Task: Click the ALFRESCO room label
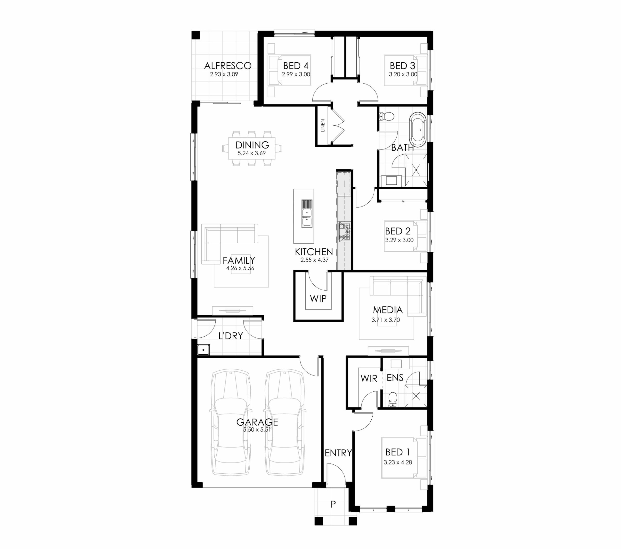tap(228, 66)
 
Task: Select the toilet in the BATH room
tap(387, 116)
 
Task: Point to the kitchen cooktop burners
tap(344, 232)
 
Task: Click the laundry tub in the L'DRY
tap(203, 350)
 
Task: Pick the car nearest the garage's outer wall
tap(231, 422)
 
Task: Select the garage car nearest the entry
tap(285, 422)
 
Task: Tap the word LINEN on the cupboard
tap(323, 125)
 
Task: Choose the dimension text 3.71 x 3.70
tap(385, 320)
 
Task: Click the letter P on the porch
tap(333, 504)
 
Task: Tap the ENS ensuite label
tap(395, 377)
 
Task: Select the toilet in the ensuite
tap(393, 399)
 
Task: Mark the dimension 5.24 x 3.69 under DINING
tap(252, 153)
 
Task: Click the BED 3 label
tap(402, 66)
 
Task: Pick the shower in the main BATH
tap(416, 170)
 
